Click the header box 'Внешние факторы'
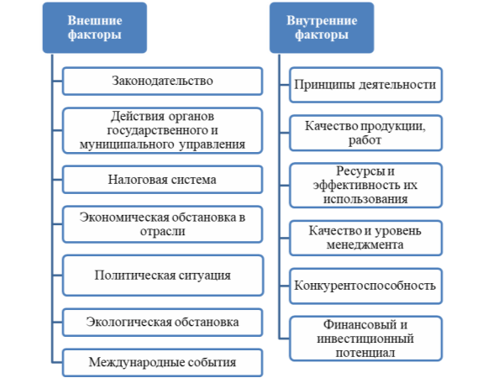coord(95,28)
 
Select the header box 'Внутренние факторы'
coord(322,28)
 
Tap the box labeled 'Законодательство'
coord(162,81)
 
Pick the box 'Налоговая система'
coord(162,180)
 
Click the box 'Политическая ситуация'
coord(163,276)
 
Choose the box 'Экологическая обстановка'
coord(162,323)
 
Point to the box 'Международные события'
coord(162,363)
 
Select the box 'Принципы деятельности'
coord(365,85)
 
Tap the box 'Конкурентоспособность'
coord(365,286)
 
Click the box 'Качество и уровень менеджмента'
coord(365,238)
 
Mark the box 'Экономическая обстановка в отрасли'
coord(162,224)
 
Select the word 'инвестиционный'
coord(365,339)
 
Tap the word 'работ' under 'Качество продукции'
coord(365,140)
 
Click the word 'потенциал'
coord(365,353)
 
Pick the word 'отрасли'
coord(163,231)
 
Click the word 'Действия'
coord(138,117)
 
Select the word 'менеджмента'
coord(365,245)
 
